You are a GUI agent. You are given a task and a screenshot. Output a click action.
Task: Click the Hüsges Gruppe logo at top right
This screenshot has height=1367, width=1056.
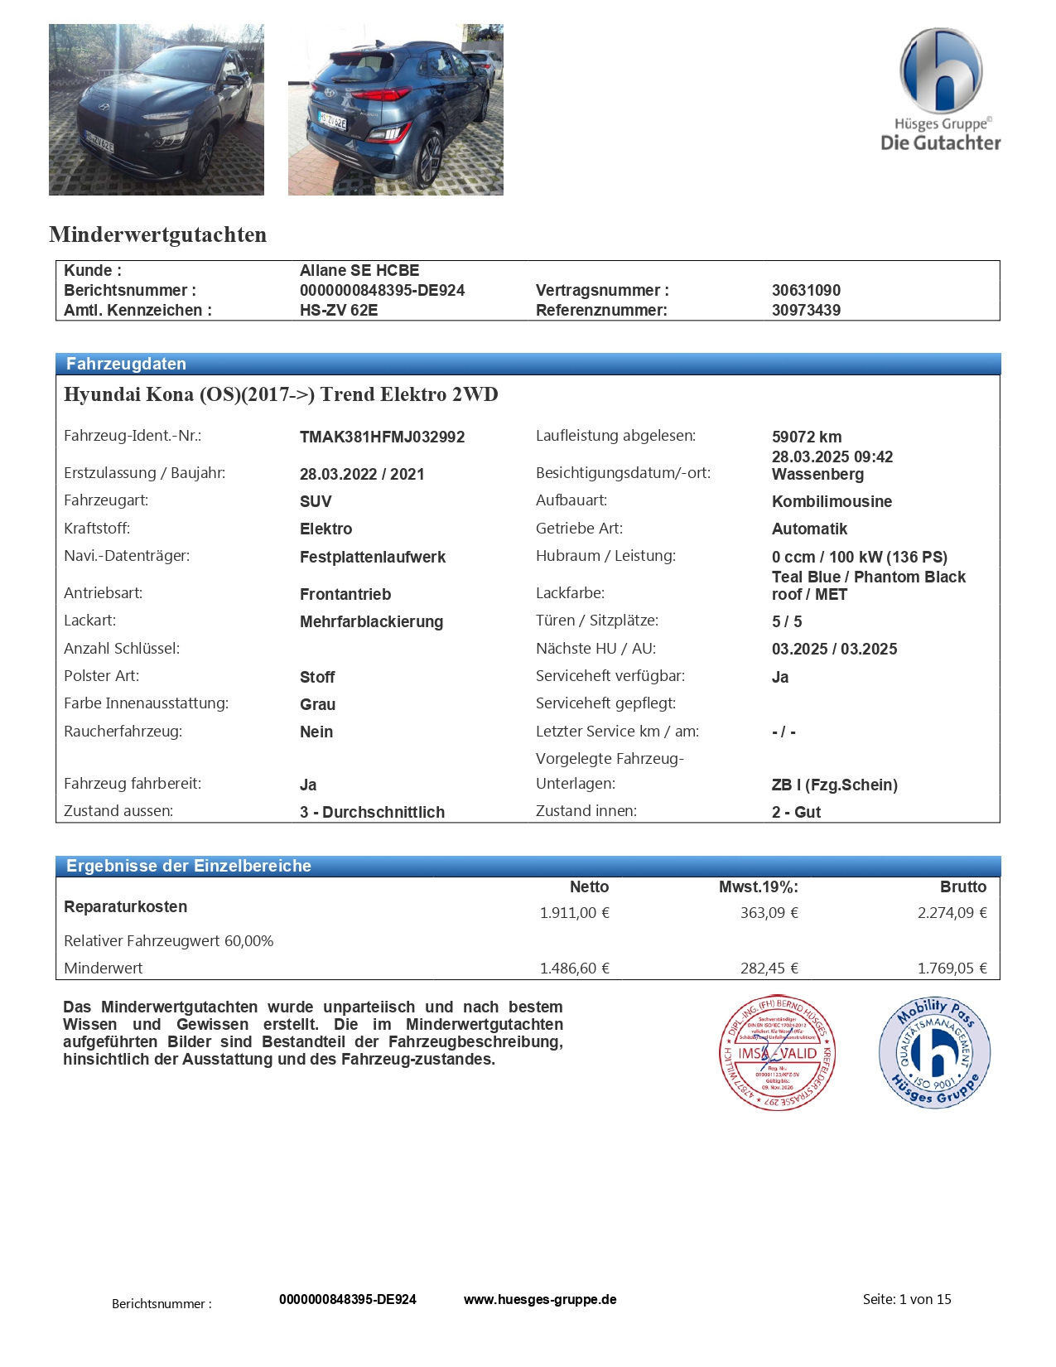coord(940,90)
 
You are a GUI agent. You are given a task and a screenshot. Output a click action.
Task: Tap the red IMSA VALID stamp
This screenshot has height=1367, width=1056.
coord(777,1053)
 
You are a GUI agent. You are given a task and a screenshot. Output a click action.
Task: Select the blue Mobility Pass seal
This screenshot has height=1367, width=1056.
coord(934,1052)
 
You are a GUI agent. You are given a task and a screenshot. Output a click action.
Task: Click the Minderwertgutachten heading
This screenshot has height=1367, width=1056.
coord(157,235)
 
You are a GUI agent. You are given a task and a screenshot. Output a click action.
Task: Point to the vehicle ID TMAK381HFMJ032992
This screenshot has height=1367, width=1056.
coord(382,437)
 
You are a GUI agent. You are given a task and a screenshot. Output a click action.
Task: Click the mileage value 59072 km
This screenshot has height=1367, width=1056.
coord(806,437)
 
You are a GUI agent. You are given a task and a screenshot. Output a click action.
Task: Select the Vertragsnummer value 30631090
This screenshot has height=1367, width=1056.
coord(806,291)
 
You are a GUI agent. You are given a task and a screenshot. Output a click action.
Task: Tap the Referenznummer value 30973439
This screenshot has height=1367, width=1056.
coord(806,311)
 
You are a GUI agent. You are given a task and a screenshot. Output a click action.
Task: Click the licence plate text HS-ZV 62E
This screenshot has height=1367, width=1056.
coord(338,311)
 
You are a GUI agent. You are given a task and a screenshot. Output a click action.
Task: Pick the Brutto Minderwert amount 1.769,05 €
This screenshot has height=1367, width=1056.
coord(952,968)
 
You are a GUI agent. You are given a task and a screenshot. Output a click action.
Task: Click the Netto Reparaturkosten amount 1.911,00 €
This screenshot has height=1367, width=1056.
coord(574,913)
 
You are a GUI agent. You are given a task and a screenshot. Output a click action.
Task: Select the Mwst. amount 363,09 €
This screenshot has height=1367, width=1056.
coord(769,913)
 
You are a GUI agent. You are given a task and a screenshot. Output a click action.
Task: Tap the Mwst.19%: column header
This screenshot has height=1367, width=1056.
coord(758,887)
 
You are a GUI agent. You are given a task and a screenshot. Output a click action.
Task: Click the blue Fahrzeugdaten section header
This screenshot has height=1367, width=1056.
coord(126,365)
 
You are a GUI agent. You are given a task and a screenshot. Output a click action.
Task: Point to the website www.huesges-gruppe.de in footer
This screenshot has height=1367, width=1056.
coord(540,1300)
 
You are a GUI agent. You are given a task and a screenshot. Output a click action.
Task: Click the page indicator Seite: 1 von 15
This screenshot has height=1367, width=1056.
coord(907,1300)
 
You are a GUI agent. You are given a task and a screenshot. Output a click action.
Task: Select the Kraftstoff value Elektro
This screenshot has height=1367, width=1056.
coord(325,529)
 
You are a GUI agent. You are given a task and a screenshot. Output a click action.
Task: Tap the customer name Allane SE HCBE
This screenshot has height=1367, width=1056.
coord(359,271)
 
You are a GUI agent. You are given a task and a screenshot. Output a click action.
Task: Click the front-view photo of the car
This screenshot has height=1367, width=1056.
coord(157,109)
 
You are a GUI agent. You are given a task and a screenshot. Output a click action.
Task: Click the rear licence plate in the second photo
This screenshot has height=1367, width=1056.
coord(333,120)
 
